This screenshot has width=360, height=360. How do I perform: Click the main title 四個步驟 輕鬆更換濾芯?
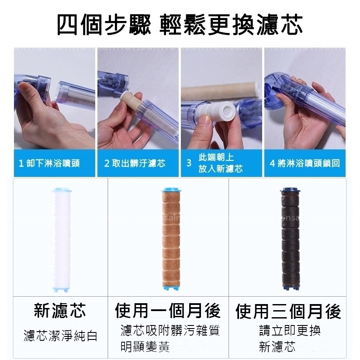[180, 25]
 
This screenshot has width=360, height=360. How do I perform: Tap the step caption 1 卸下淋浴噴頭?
[49, 163]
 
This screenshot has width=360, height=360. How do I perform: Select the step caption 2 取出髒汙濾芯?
[135, 163]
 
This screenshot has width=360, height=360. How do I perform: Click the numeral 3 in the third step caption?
[189, 163]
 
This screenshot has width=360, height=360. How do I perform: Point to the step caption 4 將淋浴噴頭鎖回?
[305, 163]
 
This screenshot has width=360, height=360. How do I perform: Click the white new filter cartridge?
[61, 240]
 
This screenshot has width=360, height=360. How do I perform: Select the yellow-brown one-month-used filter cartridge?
[171, 239]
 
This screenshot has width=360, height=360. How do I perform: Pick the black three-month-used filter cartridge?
[291, 239]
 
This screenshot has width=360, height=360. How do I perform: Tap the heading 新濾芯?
[60, 311]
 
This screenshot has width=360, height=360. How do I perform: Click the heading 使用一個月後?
[168, 311]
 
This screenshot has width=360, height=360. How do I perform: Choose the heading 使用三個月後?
[288, 311]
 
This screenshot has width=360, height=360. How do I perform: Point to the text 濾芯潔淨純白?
[61, 336]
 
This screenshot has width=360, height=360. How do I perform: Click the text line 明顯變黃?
[145, 347]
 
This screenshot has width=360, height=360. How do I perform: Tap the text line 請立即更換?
[290, 331]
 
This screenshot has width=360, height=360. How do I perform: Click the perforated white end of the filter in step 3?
[226, 112]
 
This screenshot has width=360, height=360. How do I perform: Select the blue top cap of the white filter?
[62, 190]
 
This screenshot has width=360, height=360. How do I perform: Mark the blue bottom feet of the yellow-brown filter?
[171, 287]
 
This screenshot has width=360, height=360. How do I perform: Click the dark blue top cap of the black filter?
[291, 190]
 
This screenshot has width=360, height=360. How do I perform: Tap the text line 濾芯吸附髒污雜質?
[170, 331]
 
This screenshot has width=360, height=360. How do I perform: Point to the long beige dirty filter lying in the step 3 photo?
[220, 93]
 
